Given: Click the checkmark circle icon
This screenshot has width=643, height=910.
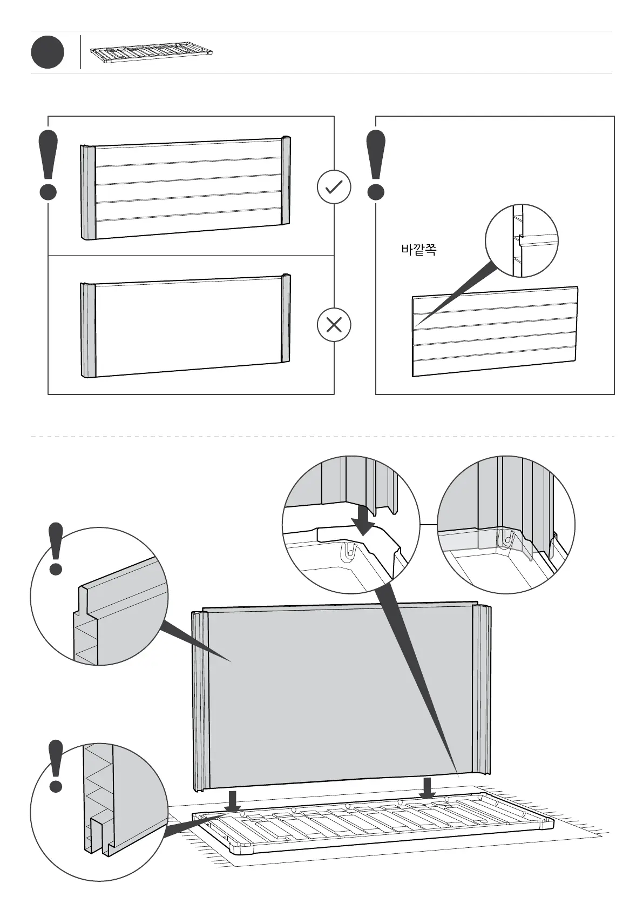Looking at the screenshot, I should [334, 187].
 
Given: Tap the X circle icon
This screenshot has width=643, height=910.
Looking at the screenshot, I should [334, 325].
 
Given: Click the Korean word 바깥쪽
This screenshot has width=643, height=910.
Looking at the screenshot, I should [418, 250].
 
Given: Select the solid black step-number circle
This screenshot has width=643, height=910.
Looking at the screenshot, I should [48, 52].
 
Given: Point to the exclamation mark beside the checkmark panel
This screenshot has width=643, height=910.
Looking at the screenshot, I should [48, 165].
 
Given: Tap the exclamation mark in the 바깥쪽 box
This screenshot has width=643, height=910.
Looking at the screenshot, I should [376, 165].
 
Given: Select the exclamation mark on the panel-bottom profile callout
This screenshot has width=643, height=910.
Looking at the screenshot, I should [56, 766].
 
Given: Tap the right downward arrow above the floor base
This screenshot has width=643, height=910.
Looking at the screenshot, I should [428, 788].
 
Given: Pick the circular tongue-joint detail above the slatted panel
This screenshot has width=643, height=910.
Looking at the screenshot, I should [521, 241].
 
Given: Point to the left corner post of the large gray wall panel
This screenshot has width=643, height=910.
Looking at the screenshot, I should [200, 700].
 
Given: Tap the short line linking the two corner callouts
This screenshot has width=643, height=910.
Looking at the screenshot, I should [428, 524].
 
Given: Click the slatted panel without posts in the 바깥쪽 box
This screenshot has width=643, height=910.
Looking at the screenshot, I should [495, 331].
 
